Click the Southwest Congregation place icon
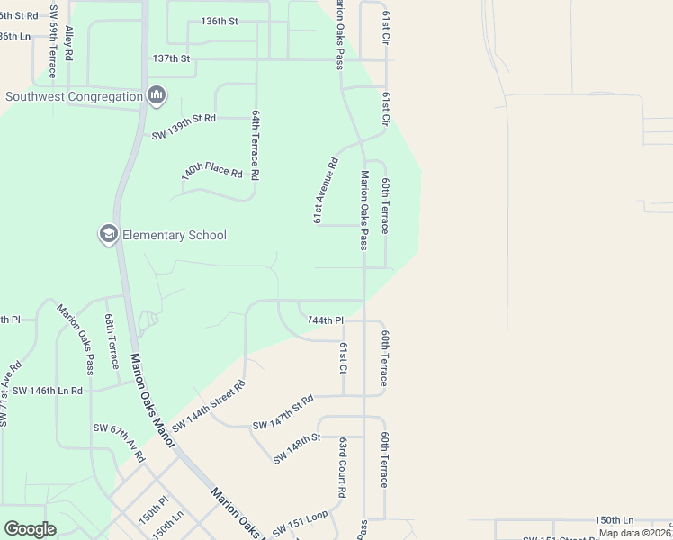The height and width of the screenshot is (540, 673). click(157, 95)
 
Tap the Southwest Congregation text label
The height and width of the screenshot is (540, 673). click(74, 96)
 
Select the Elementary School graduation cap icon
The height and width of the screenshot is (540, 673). click(108, 235)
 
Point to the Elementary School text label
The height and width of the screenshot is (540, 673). click(174, 236)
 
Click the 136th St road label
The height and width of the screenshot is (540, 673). click(219, 21)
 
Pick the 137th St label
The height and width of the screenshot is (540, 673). click(171, 58)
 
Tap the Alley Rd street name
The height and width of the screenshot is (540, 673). click(69, 42)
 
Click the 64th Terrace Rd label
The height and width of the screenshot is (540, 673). click(256, 146)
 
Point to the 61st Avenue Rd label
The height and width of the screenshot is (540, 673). click(325, 191)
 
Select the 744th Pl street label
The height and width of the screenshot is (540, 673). click(325, 320)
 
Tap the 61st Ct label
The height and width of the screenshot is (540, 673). click(343, 357)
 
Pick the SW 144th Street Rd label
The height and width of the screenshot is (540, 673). click(208, 406)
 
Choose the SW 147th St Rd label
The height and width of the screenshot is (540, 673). click(283, 411)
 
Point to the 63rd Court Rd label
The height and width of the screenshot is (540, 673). click(343, 468)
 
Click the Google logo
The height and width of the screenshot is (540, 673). click(30, 529)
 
